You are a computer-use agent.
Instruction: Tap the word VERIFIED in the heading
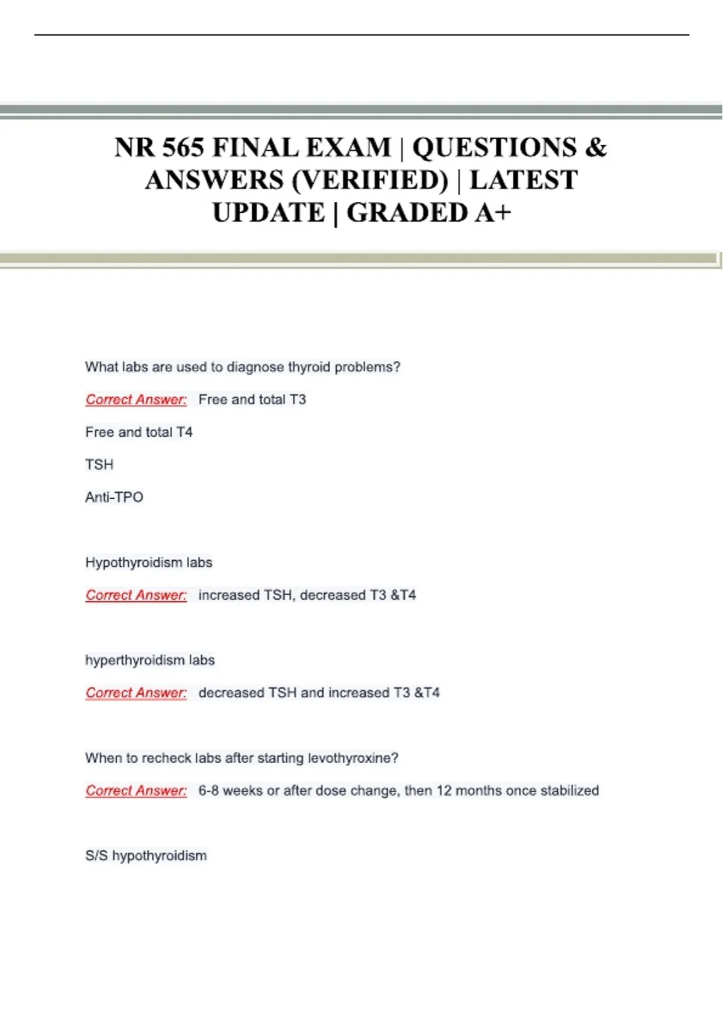point(370,180)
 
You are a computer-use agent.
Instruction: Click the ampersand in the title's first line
point(595,148)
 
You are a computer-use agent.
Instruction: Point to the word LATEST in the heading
point(524,180)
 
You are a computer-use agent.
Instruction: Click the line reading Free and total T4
point(139,432)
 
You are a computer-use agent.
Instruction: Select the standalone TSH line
point(99,464)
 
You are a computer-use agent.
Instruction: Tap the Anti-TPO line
point(114,497)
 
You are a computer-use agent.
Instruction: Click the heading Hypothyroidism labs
point(149,562)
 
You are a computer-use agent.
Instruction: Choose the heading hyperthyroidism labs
point(150,660)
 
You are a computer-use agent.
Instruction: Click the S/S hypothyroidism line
point(146,855)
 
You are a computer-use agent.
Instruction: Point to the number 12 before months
point(444,790)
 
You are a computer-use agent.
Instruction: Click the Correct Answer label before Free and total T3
point(136,399)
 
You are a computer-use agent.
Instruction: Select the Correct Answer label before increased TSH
point(136,595)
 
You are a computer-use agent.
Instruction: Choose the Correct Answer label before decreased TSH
point(136,693)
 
